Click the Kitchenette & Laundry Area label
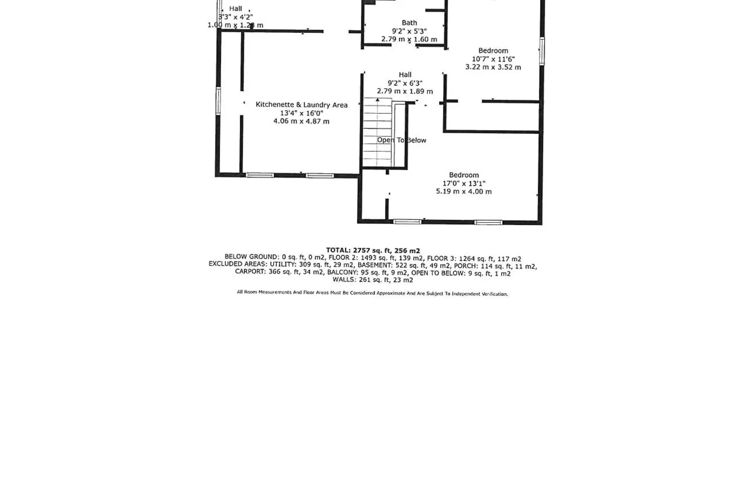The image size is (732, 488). point(301,104)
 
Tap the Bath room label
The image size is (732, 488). point(409,23)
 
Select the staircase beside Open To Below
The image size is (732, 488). point(378,132)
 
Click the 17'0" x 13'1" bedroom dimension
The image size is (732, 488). point(464,183)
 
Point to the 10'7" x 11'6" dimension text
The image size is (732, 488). point(493,59)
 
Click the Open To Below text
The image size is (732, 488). point(402,140)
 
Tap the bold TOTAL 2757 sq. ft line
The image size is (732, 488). point(373,251)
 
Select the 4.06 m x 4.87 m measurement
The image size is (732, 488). point(301,121)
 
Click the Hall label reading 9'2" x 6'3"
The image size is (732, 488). point(405,75)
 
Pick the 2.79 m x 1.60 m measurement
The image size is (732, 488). point(409,39)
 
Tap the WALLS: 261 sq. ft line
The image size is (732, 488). point(373,280)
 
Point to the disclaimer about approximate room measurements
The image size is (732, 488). point(372,293)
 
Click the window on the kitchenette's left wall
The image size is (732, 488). point(218,101)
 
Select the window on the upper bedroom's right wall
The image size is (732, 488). point(542,51)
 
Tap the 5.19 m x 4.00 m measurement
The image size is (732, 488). point(464,191)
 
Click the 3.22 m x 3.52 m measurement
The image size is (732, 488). point(493,67)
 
